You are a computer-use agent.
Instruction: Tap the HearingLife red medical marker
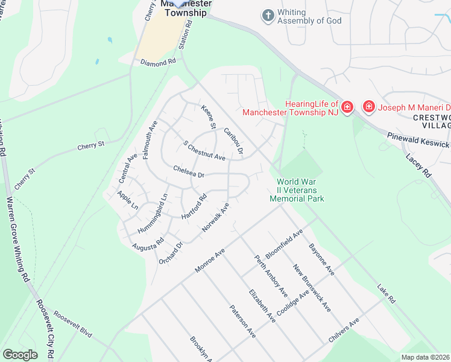coord(347,108)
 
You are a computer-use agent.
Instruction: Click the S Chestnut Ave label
coord(204,151)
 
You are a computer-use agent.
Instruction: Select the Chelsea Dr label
coord(189,171)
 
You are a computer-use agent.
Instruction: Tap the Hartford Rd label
coord(195,206)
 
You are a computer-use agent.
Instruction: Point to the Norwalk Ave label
coord(216,218)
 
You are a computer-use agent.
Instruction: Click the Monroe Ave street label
coord(210,260)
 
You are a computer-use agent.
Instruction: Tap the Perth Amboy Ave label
coord(271,275)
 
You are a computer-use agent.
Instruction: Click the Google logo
coord(20,354)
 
